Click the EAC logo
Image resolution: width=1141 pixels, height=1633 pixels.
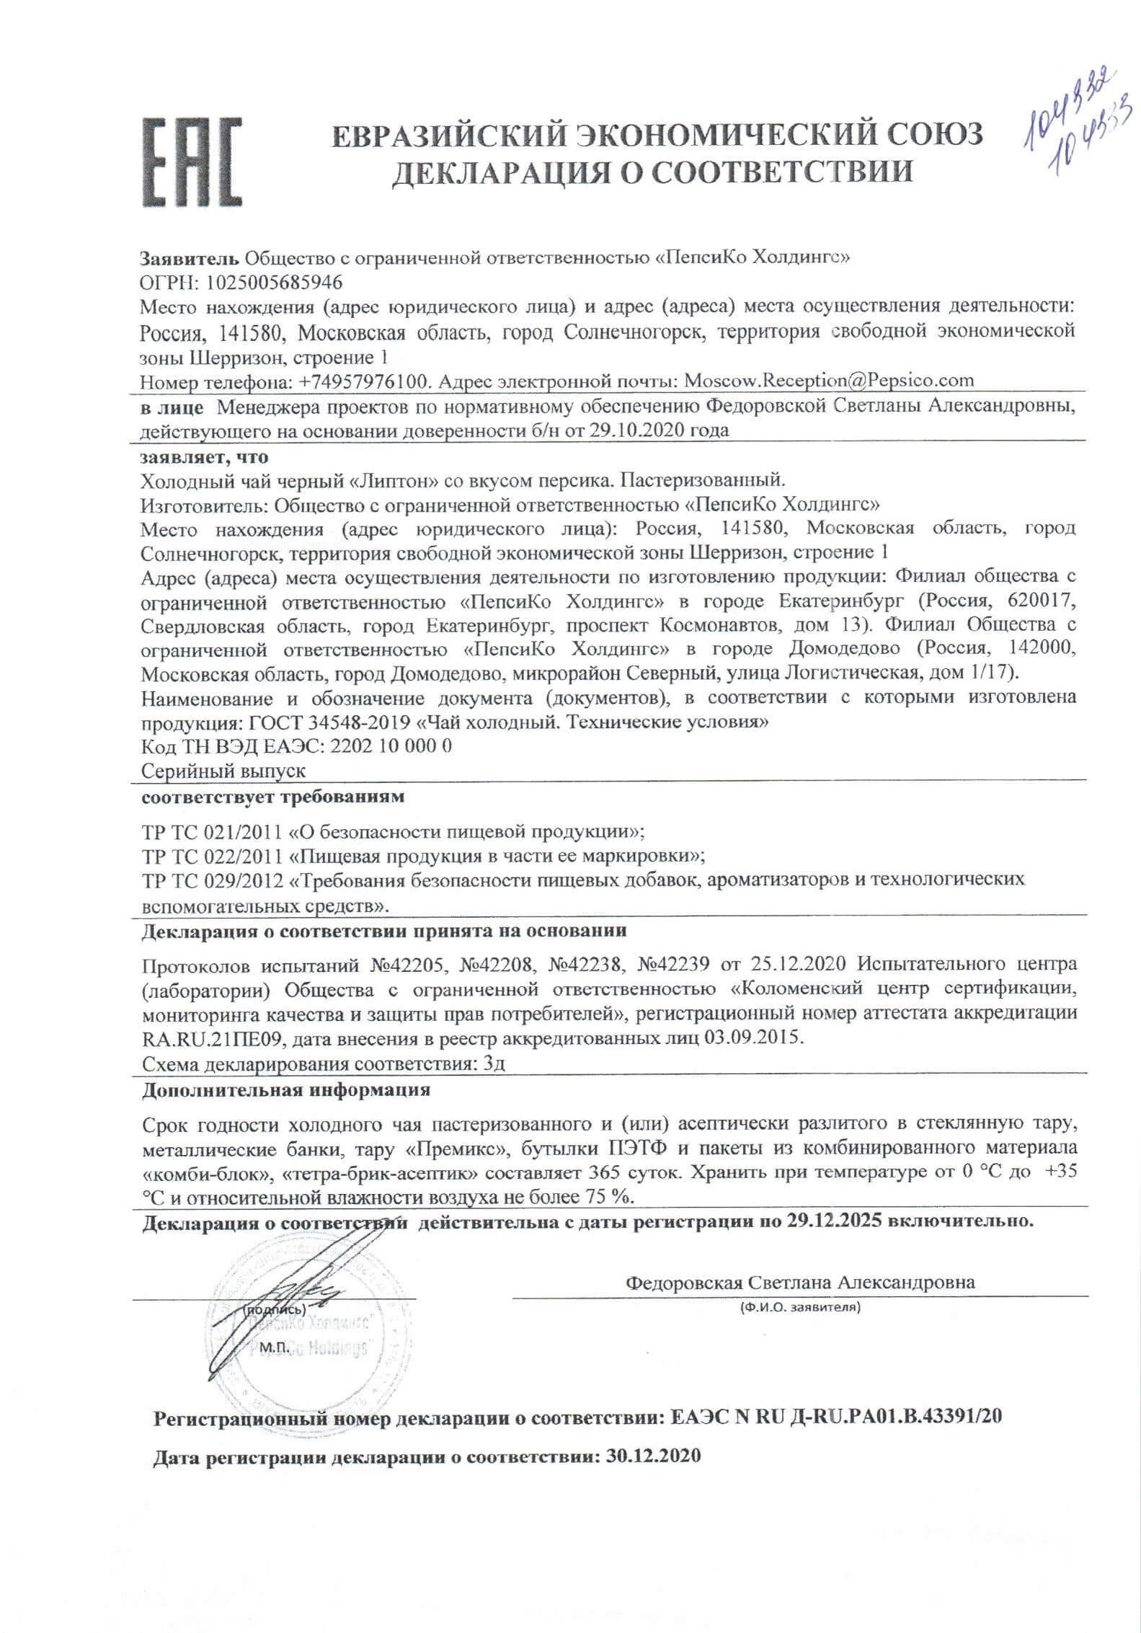191,164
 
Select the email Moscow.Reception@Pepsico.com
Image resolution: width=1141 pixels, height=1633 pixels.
828,380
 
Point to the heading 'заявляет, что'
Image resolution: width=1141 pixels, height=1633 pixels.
205,457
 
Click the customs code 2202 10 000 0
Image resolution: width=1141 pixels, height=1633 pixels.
391,746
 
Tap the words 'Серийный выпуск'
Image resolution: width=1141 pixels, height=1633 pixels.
223,771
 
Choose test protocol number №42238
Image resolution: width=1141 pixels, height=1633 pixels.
585,964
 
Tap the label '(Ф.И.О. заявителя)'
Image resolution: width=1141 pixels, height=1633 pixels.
800,1306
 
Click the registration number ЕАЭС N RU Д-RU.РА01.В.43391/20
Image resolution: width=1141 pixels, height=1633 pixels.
835,1417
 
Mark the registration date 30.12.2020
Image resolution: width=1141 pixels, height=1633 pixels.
653,1456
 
